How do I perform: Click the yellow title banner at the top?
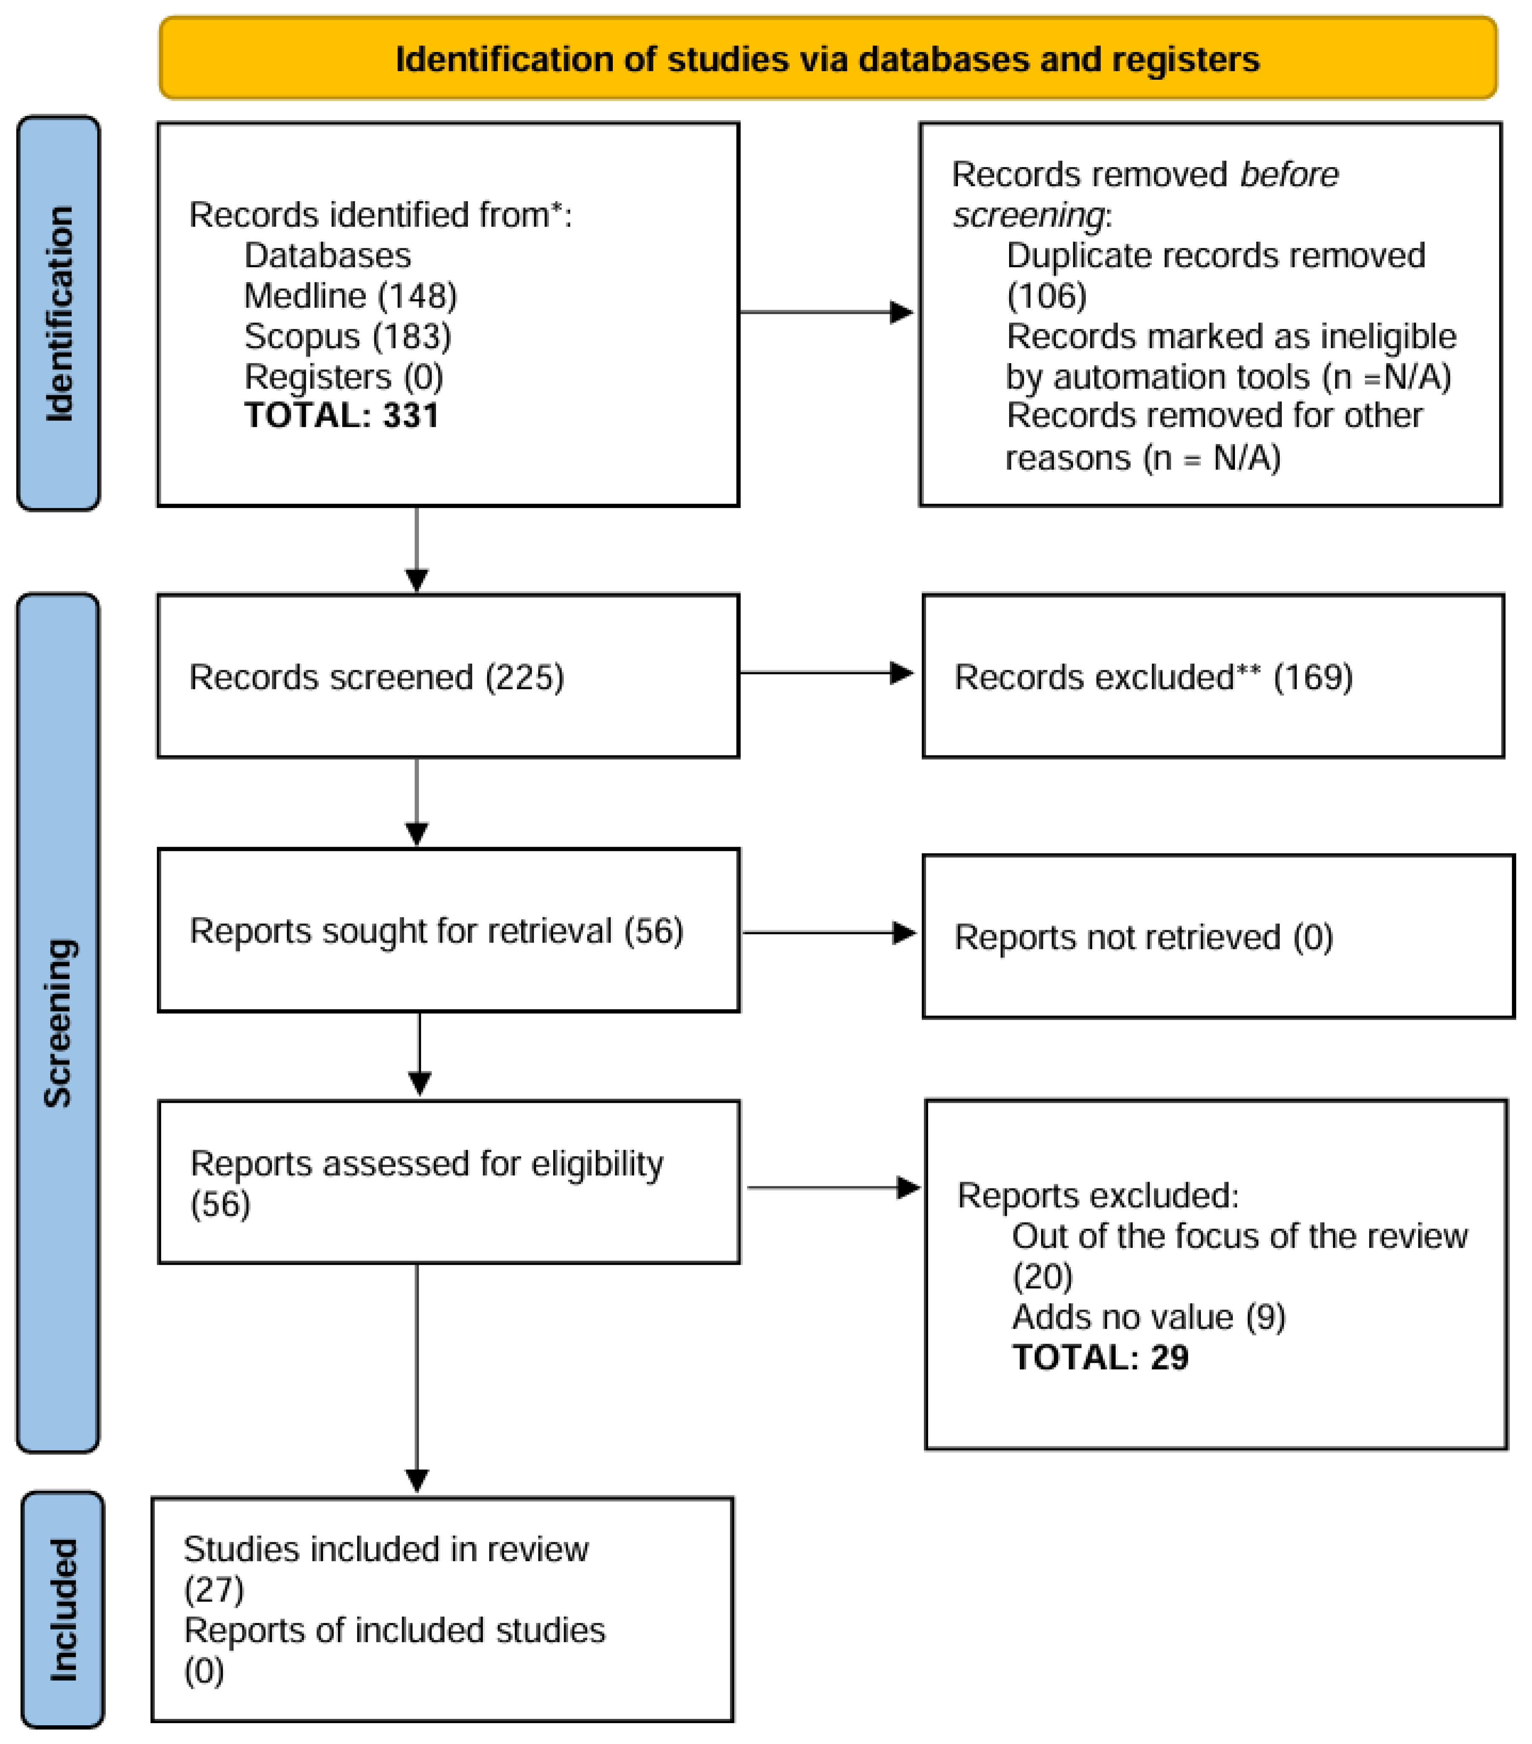pos(828,58)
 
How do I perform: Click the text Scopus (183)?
pos(347,336)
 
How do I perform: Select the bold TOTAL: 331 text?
pos(341,416)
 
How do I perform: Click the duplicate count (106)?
pos(1047,296)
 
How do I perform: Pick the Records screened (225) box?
pos(448,676)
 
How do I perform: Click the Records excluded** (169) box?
pos(1212,676)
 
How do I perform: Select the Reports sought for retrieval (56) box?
pos(448,930)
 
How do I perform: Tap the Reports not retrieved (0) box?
pos(1217,936)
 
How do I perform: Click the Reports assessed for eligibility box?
pos(448,1182)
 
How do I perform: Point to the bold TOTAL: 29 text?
pos(1099,1356)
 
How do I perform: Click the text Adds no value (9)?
pos(1148,1316)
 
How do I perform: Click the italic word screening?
pos(1028,215)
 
